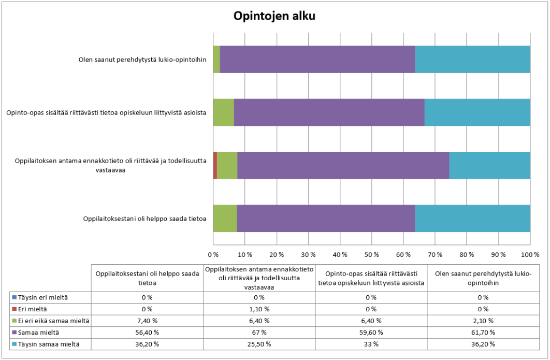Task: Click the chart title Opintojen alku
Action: coord(274,16)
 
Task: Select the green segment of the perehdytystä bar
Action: coord(216,59)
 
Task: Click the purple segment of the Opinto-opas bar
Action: coord(329,112)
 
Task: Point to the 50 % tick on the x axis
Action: coord(372,255)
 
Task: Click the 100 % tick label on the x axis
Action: coord(530,255)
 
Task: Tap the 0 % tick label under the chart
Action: coord(213,255)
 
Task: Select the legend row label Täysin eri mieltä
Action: coord(39,297)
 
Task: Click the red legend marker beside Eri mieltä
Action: coord(13,309)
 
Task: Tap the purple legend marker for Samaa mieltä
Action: coord(13,332)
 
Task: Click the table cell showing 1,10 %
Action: coord(259,309)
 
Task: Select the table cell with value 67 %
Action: coord(259,332)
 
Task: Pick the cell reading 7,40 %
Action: coord(147,321)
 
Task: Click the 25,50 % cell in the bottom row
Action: coord(259,343)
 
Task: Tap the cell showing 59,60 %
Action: coord(371,332)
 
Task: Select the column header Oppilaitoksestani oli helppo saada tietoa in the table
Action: coord(147,278)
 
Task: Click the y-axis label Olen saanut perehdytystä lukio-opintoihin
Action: coord(142,59)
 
